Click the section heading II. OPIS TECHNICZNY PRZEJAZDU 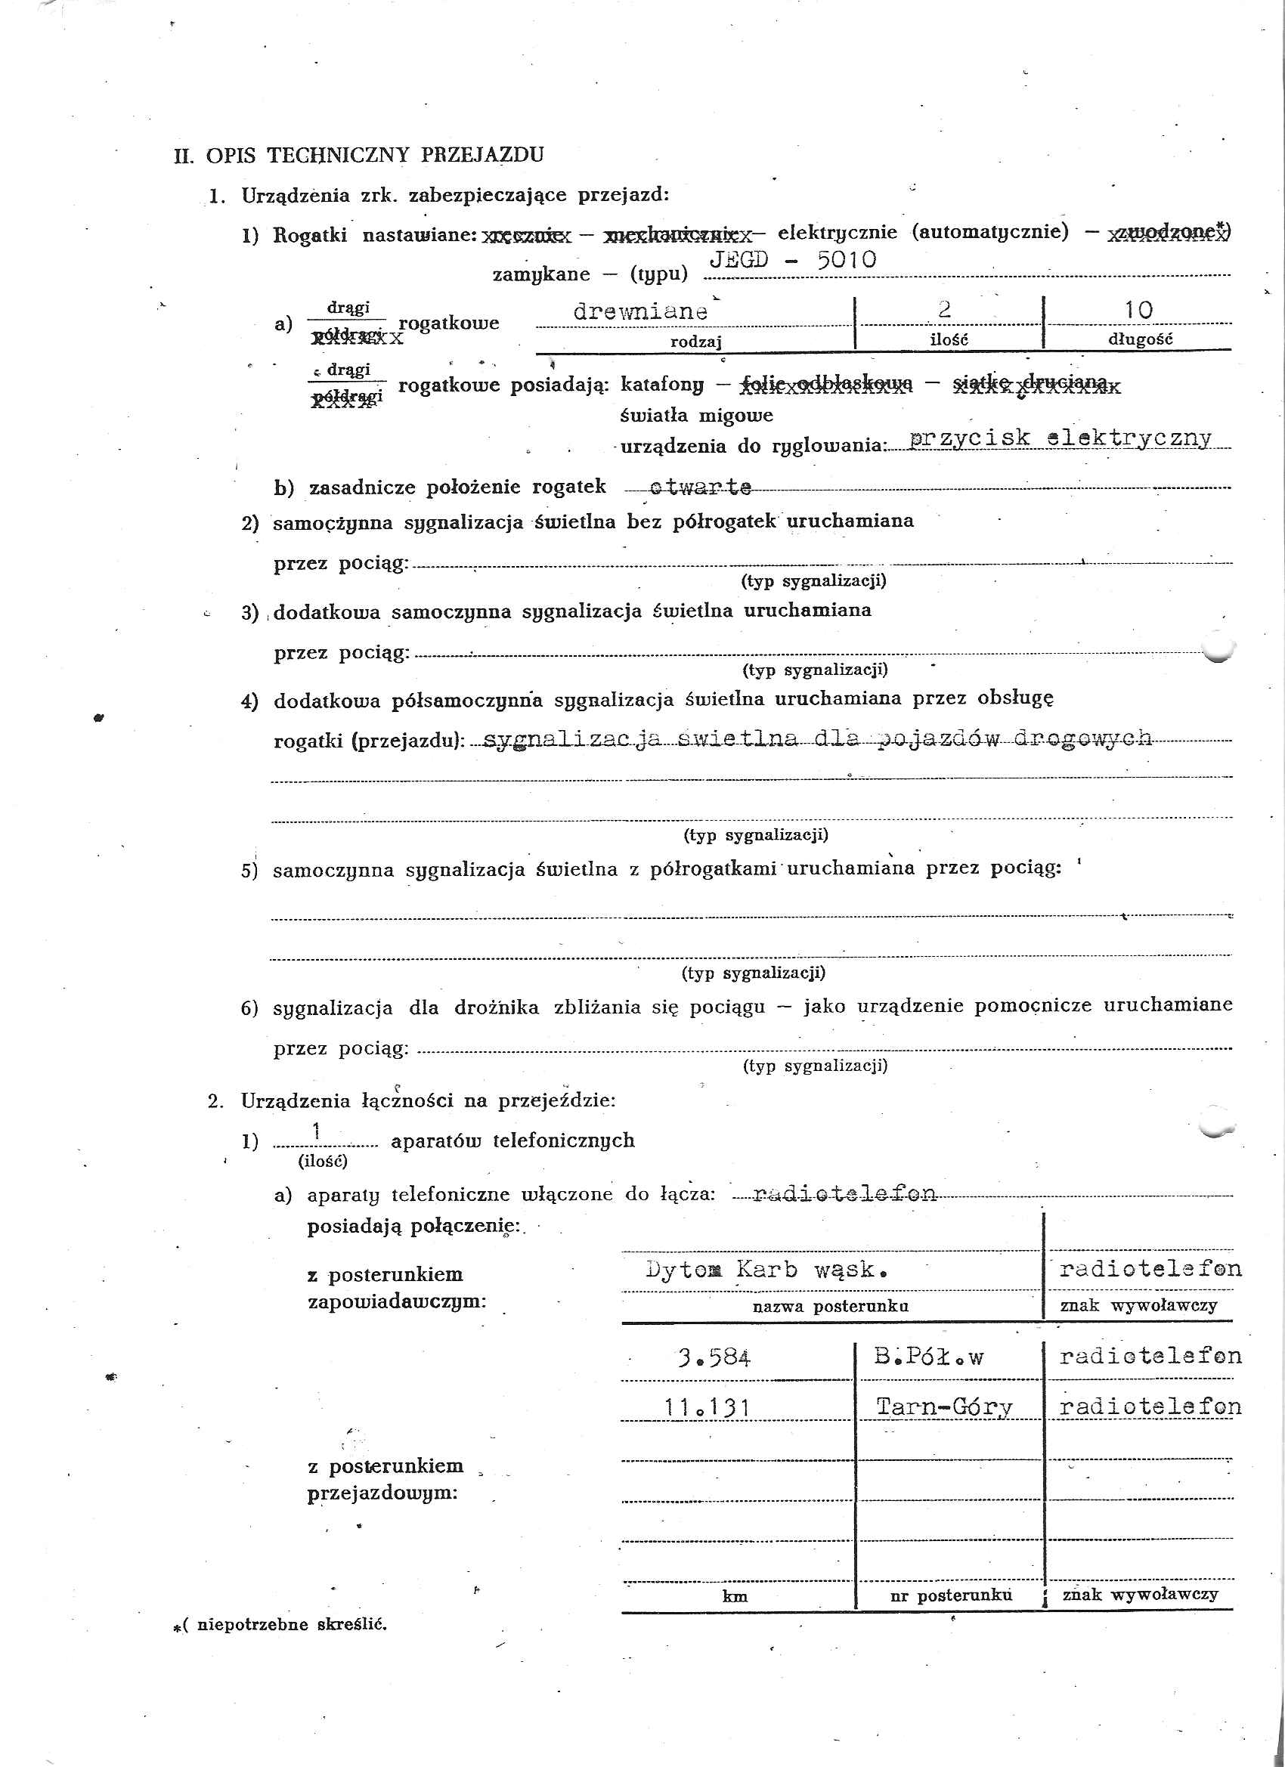point(358,154)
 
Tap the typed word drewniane point(639,311)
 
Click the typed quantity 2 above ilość point(944,309)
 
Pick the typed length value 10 point(1138,309)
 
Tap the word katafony point(662,384)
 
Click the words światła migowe point(696,415)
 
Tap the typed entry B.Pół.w point(928,1357)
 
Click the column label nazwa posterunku point(830,1307)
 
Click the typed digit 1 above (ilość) point(317,1132)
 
